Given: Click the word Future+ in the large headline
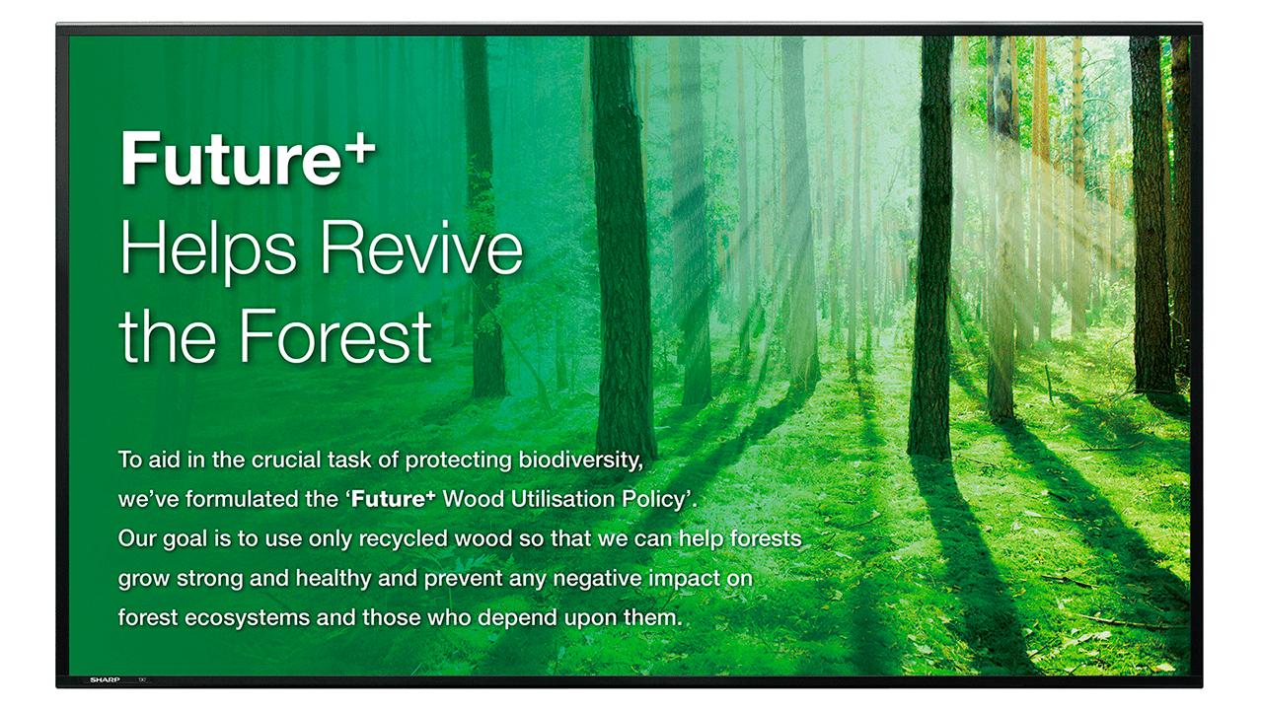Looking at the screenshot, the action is (x=248, y=158).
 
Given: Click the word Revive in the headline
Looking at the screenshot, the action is (x=422, y=248).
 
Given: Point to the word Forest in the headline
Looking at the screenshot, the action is (x=335, y=336).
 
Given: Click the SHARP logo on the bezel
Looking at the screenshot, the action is (x=105, y=680).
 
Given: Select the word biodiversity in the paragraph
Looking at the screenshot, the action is (x=580, y=461).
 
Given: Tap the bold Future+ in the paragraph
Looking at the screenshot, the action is (x=393, y=499).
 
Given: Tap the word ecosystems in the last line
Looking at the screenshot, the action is (x=248, y=618).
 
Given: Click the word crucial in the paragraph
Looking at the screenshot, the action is (x=286, y=460).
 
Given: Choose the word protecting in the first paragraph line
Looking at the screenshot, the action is (x=459, y=461).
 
